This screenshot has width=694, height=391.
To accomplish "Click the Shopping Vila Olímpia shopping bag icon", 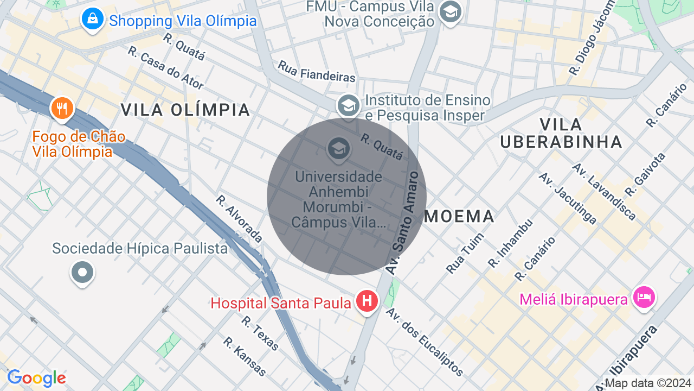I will point(93,20).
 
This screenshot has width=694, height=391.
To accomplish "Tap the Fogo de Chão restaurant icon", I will point(62,108).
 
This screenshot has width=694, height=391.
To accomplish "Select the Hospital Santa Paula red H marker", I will point(367,300).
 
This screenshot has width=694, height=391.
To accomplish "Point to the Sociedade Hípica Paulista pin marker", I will point(82,272).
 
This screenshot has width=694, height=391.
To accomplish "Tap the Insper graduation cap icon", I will point(348,104).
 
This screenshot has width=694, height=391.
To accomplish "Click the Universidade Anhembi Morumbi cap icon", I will point(339,148).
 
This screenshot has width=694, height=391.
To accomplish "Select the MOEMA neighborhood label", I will point(459,216).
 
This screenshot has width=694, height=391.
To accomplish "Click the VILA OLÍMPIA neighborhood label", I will point(185,110).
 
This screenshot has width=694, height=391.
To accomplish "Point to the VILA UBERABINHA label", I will point(561,133).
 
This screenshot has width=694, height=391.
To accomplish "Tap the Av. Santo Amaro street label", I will point(402,223).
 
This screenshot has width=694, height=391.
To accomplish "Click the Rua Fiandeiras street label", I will point(317,71).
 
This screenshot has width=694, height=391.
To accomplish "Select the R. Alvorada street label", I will point(239,218).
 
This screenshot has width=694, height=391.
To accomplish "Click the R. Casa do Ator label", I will point(166,67).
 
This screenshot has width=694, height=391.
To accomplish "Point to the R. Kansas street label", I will point(245,356).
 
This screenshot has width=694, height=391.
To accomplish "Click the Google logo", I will point(36,378).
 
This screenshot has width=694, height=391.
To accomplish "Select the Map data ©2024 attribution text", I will point(648,383).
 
